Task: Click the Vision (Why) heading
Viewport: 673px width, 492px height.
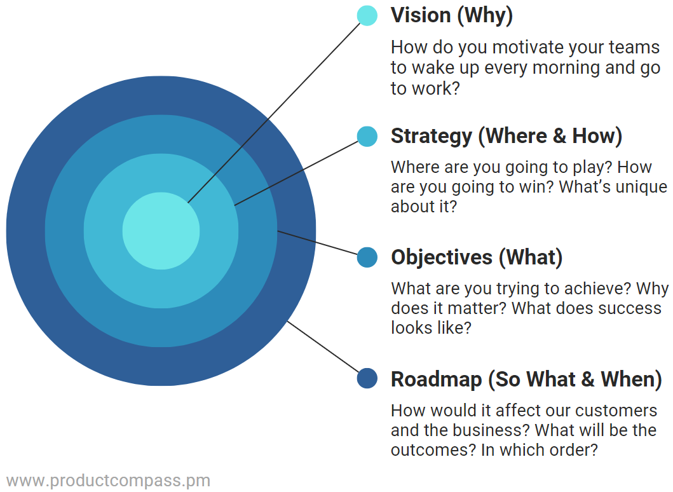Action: point(451,15)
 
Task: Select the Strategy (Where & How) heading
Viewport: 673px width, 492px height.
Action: point(506,136)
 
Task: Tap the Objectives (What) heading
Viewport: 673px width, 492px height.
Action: point(477,257)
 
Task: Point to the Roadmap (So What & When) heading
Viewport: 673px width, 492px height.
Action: point(526,379)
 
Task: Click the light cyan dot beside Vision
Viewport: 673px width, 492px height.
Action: point(367,15)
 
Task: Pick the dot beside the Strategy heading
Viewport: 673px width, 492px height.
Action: point(367,136)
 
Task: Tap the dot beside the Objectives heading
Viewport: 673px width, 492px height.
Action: point(367,257)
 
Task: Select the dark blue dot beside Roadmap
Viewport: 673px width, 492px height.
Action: point(367,379)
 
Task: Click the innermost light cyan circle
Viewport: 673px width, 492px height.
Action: point(161,230)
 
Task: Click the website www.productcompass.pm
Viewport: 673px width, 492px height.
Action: point(108,481)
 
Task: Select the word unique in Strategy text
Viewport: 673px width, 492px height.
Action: point(635,187)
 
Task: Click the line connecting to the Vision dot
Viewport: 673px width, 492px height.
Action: point(273,113)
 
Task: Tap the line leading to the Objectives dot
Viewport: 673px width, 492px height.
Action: point(318,243)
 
